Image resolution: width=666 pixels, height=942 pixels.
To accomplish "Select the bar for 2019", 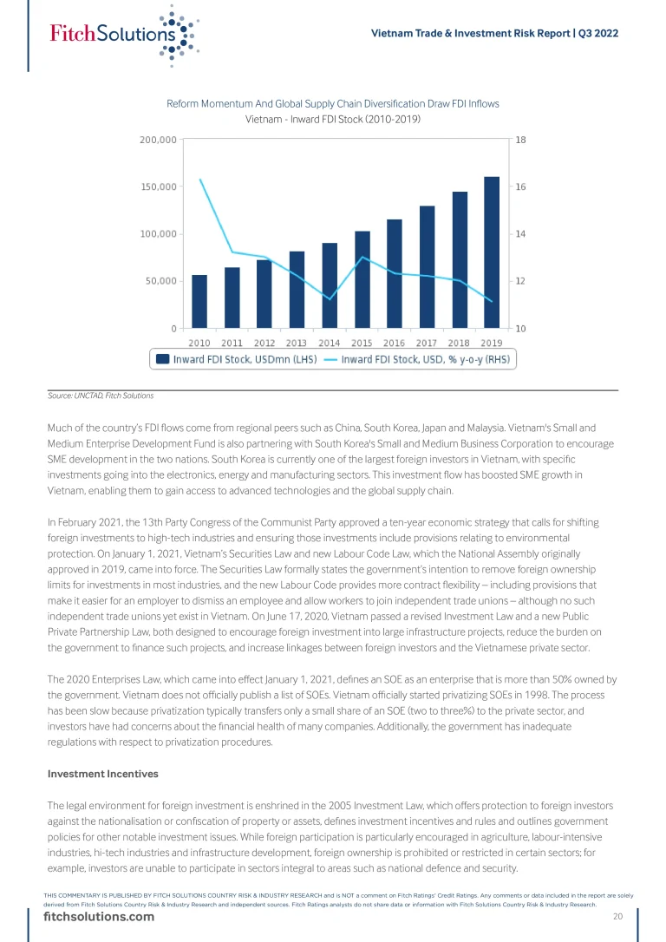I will click(x=491, y=252).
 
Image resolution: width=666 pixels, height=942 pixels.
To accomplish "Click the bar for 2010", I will click(x=199, y=301).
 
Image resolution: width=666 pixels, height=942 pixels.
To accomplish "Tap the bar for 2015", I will click(x=362, y=279).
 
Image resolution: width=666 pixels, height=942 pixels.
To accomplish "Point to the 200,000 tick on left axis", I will click(x=158, y=140).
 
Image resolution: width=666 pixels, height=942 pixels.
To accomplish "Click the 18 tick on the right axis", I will click(x=520, y=140).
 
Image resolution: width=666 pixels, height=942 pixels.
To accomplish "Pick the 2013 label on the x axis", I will click(x=297, y=343).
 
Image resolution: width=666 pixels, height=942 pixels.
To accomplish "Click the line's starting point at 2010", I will click(x=200, y=180).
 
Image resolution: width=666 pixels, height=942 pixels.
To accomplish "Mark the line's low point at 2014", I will click(x=330, y=298).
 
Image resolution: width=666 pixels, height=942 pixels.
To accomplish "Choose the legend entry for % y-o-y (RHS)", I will click(x=425, y=359).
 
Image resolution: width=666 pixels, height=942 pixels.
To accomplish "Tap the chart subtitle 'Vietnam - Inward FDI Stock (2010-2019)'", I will click(x=333, y=119).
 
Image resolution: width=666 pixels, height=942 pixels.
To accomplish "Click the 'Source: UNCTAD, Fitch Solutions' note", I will click(x=101, y=396).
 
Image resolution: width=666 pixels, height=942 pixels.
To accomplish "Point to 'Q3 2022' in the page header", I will click(x=597, y=33).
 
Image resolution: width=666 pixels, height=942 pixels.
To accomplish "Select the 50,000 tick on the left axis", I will click(x=160, y=281).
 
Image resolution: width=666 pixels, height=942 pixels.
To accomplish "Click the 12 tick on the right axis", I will click(x=520, y=281).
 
